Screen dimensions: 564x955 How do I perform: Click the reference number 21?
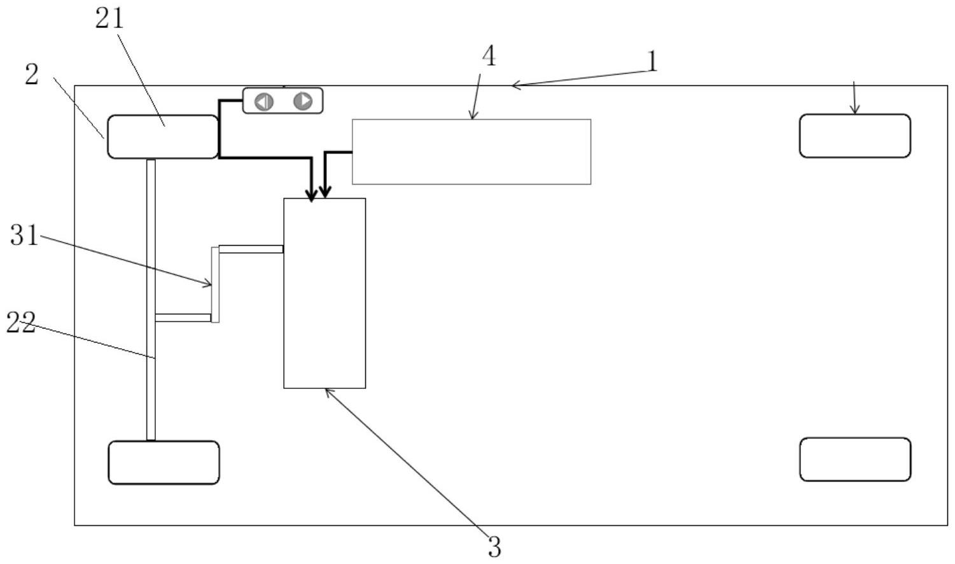[109, 18]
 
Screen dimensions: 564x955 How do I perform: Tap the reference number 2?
[32, 75]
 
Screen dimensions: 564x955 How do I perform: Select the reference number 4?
[488, 57]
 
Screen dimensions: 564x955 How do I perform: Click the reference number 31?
[24, 236]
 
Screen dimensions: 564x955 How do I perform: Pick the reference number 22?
[20, 323]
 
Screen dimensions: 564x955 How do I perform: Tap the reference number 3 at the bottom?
[494, 546]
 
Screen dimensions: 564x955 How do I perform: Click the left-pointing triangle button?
[264, 101]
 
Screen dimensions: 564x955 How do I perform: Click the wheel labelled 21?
[162, 137]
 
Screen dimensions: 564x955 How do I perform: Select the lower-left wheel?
[164, 463]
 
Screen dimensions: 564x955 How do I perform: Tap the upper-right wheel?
[854, 136]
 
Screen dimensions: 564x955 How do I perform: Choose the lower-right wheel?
[854, 460]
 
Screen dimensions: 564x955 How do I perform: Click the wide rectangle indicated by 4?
[471, 152]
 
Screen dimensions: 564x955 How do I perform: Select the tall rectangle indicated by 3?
[324, 293]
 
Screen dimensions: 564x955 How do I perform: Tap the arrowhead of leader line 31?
[209, 284]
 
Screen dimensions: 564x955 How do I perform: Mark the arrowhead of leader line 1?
[515, 85]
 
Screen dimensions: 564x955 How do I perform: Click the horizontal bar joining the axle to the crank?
[183, 318]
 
